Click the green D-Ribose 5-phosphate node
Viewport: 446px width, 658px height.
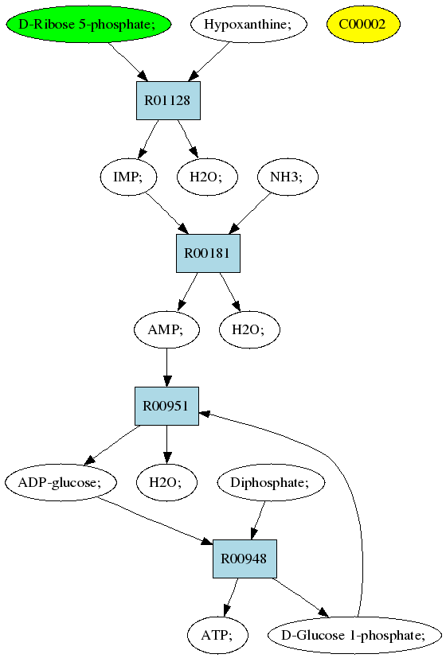[88, 25]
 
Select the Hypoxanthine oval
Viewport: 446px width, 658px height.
[248, 25]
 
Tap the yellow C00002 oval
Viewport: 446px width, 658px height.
[363, 25]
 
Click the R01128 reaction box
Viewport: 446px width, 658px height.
[168, 101]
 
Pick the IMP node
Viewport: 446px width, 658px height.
[128, 177]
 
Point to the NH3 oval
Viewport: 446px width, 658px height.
[288, 177]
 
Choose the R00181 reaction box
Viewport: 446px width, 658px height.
[208, 254]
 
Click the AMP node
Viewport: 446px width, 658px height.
[166, 329]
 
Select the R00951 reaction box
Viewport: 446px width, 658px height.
[166, 407]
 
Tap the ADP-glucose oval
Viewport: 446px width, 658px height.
[61, 482]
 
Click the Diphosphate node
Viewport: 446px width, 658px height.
[271, 482]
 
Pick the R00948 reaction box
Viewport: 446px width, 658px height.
[245, 559]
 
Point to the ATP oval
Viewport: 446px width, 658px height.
[217, 635]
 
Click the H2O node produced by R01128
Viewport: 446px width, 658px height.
[207, 177]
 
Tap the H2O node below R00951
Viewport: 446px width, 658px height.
[167, 482]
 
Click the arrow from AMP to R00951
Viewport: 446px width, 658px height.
[166, 368]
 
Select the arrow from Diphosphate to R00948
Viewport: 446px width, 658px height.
[258, 520]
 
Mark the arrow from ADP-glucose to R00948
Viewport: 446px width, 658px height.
[155, 521]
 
